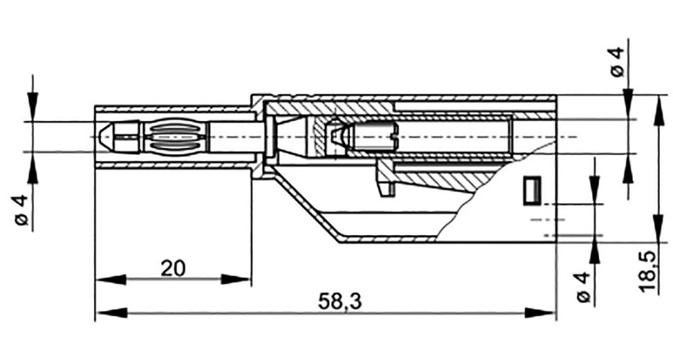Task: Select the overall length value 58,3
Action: coord(340,302)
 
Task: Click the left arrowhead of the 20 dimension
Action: coord(109,280)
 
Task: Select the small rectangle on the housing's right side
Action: coord(531,190)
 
